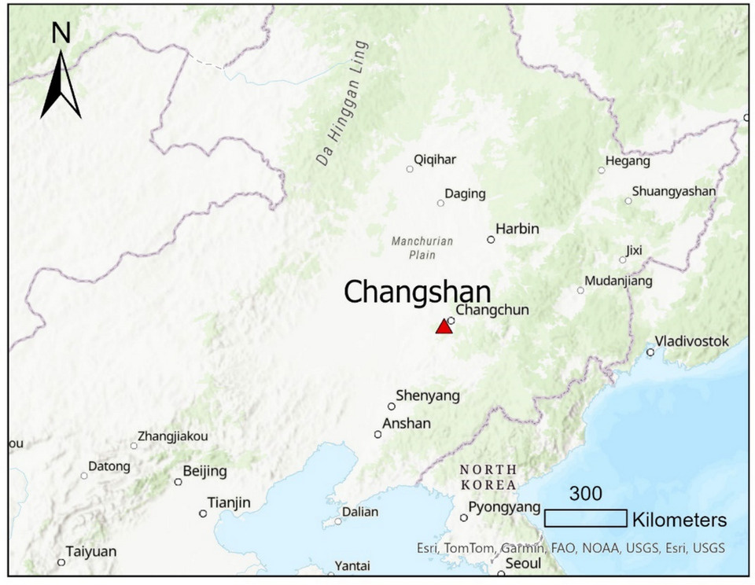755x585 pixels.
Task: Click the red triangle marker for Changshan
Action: pyautogui.click(x=444, y=326)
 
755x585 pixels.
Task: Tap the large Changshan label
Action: pyautogui.click(x=417, y=292)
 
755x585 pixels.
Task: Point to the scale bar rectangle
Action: pyautogui.click(x=585, y=518)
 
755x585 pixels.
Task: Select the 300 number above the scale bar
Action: pyautogui.click(x=585, y=494)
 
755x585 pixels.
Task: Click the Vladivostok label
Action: pyautogui.click(x=692, y=341)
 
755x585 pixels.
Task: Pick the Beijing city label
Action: pyautogui.click(x=204, y=472)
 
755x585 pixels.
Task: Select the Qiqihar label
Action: pyautogui.click(x=435, y=160)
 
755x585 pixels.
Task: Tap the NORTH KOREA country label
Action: pyautogui.click(x=488, y=477)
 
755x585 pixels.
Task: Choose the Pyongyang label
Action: pyautogui.click(x=504, y=507)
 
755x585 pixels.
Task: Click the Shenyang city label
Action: pyautogui.click(x=428, y=396)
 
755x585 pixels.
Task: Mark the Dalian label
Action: pyautogui.click(x=360, y=512)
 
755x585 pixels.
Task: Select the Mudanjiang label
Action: pyautogui.click(x=619, y=281)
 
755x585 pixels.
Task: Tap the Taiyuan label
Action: pyautogui.click(x=90, y=551)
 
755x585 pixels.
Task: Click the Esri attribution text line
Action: pyautogui.click(x=571, y=548)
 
